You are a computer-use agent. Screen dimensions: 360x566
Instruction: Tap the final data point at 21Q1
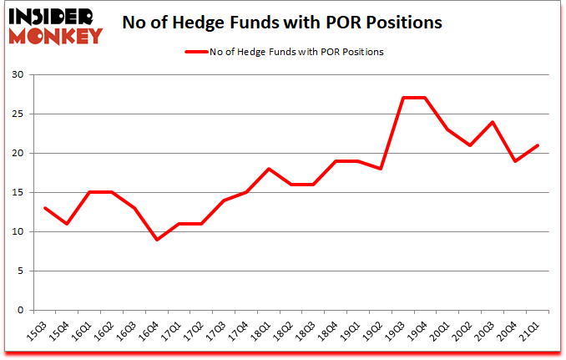pyautogui.click(x=538, y=145)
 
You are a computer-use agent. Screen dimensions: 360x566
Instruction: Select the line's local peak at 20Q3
pyautogui.click(x=493, y=122)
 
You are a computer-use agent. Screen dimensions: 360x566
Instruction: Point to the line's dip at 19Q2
pyautogui.click(x=380, y=169)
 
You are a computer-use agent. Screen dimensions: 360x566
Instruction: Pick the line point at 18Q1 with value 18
pyautogui.click(x=267, y=169)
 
